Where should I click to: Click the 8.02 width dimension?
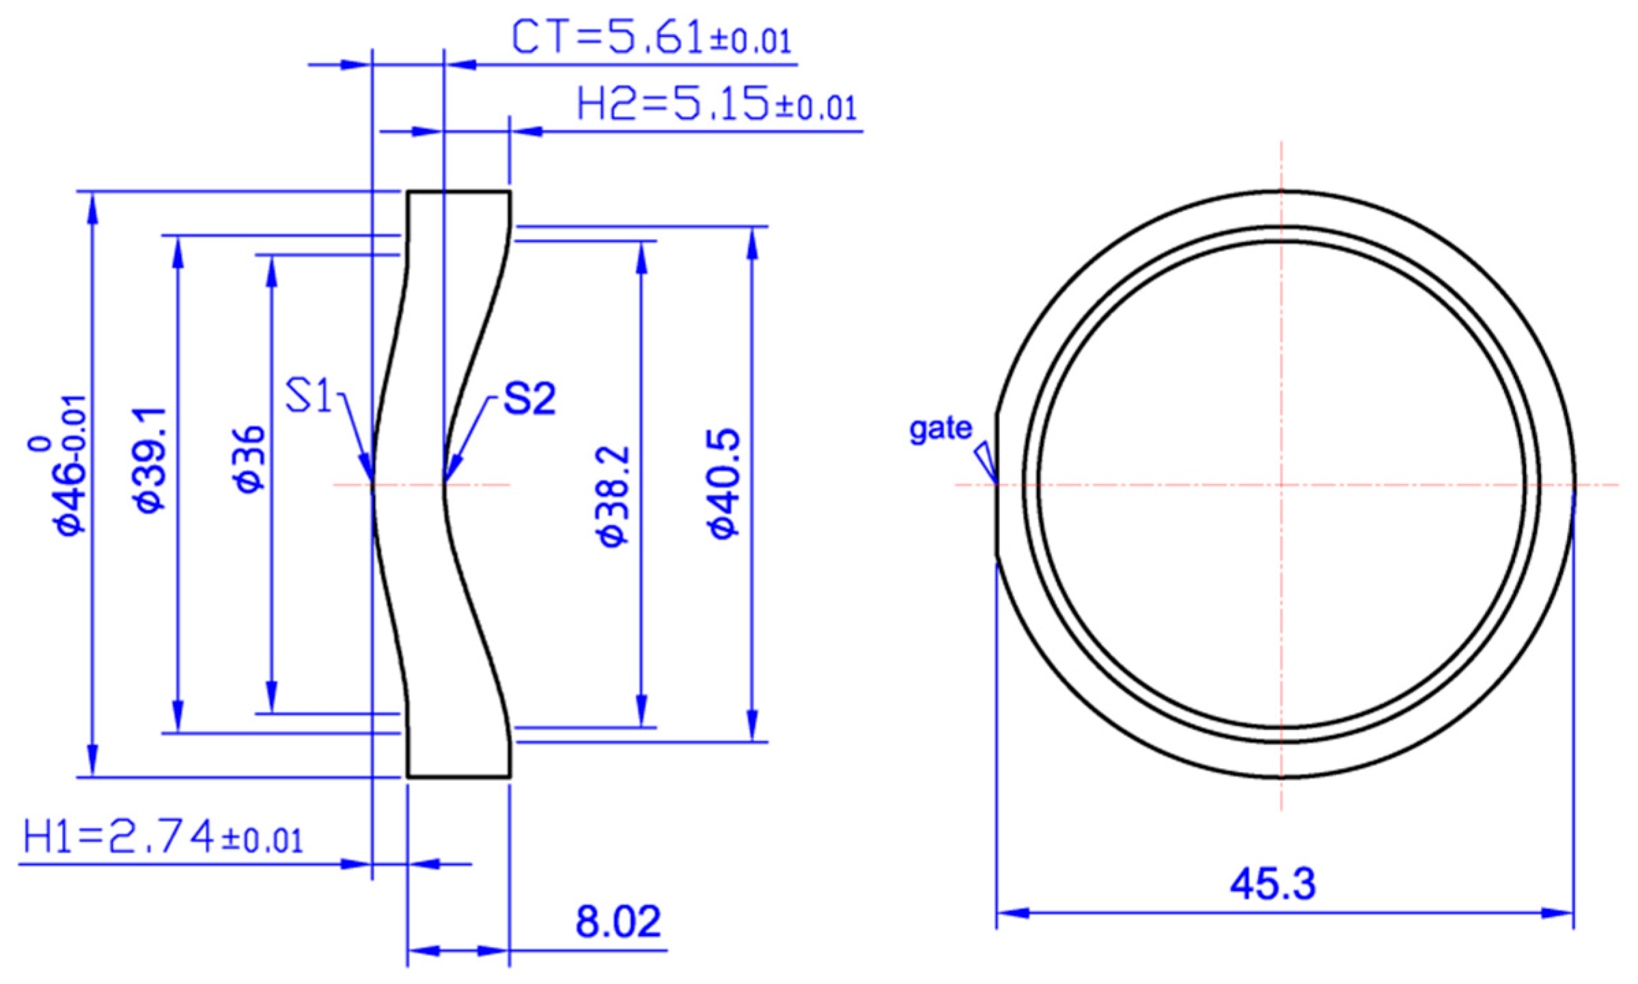coord(617,922)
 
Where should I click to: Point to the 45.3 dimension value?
coord(1272,884)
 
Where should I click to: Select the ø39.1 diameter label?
coord(150,459)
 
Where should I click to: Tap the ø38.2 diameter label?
coord(613,495)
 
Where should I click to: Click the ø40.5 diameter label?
coord(724,484)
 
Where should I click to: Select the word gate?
coord(940,428)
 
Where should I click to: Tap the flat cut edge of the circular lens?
coord(997,485)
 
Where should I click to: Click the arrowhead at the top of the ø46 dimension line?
coord(93,205)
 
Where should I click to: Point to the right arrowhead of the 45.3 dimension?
coord(1560,913)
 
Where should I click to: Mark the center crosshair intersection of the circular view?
coord(1281,485)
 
